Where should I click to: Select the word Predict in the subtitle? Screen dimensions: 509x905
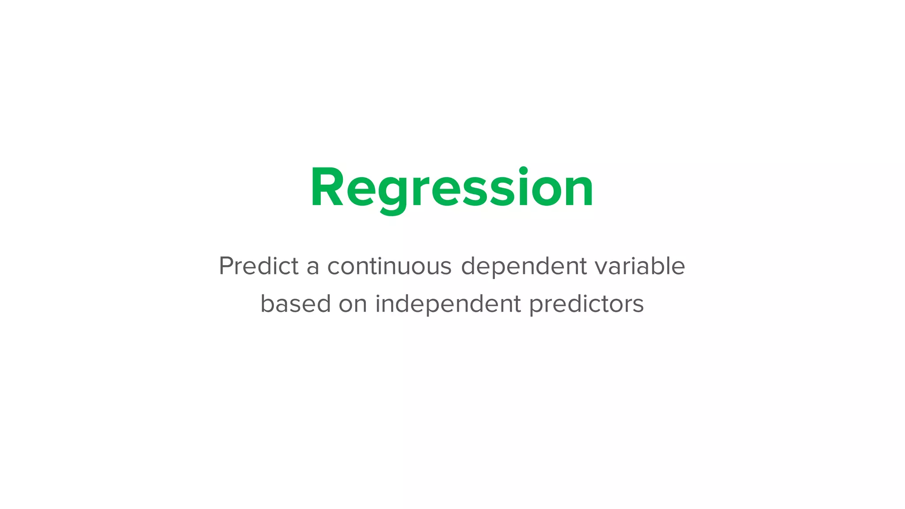point(259,266)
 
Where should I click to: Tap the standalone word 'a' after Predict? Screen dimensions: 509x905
point(313,267)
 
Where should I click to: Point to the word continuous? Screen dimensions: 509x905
point(389,266)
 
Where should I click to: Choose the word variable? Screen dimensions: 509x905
point(640,266)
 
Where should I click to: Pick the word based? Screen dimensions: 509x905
point(296,304)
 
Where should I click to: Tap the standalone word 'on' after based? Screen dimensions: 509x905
point(353,305)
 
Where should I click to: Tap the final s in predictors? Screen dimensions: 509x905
point(637,305)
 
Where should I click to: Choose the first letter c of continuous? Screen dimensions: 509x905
point(334,267)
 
